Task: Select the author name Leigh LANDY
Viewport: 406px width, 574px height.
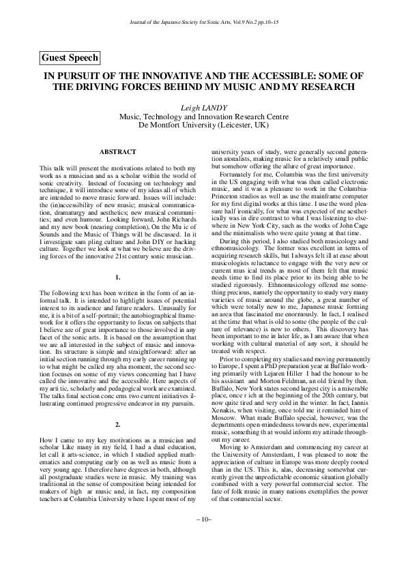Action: [x=203, y=108]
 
